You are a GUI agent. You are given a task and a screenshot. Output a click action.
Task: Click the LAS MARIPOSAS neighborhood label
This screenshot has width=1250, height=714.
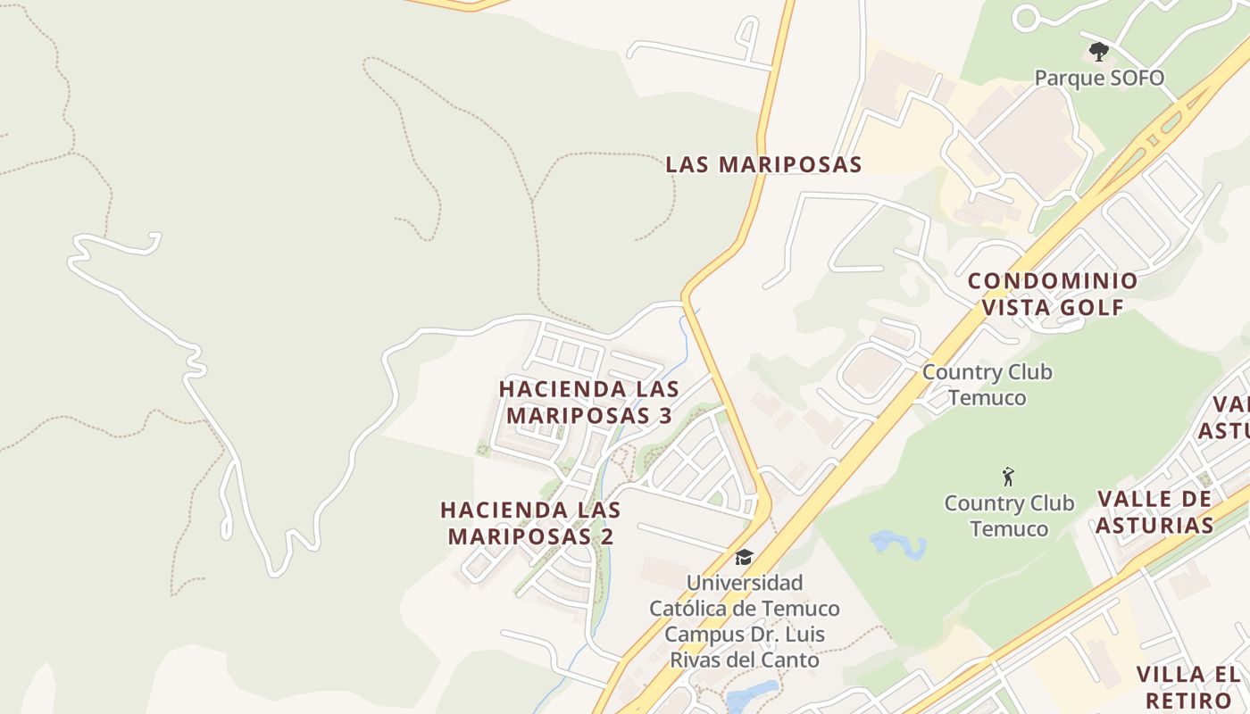pos(763,164)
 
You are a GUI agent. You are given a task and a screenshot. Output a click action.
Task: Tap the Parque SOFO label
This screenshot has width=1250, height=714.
pos(1099,78)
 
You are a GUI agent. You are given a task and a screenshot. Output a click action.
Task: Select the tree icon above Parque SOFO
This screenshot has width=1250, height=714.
pos(1099,52)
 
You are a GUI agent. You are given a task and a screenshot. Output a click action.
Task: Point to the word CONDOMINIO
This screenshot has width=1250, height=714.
pos(1053,281)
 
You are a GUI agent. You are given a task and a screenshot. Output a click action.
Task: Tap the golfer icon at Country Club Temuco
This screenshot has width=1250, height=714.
pos(1009,477)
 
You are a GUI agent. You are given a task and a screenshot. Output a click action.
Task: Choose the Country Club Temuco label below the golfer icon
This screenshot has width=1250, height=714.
pos(1009,516)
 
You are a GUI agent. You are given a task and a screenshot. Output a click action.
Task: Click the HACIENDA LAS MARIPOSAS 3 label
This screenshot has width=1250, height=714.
pos(588,403)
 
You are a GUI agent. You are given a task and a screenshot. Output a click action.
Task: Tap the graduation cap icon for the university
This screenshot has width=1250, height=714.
pos(744,558)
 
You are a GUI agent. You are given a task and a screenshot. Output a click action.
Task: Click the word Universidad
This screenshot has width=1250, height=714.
pos(744,583)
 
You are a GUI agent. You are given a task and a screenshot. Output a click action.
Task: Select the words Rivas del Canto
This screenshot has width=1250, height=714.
pos(744,660)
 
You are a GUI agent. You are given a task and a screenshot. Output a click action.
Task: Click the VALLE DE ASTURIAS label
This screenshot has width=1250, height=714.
pos(1154,511)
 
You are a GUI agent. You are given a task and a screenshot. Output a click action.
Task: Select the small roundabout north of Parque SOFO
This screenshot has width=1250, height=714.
pos(1026,18)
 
